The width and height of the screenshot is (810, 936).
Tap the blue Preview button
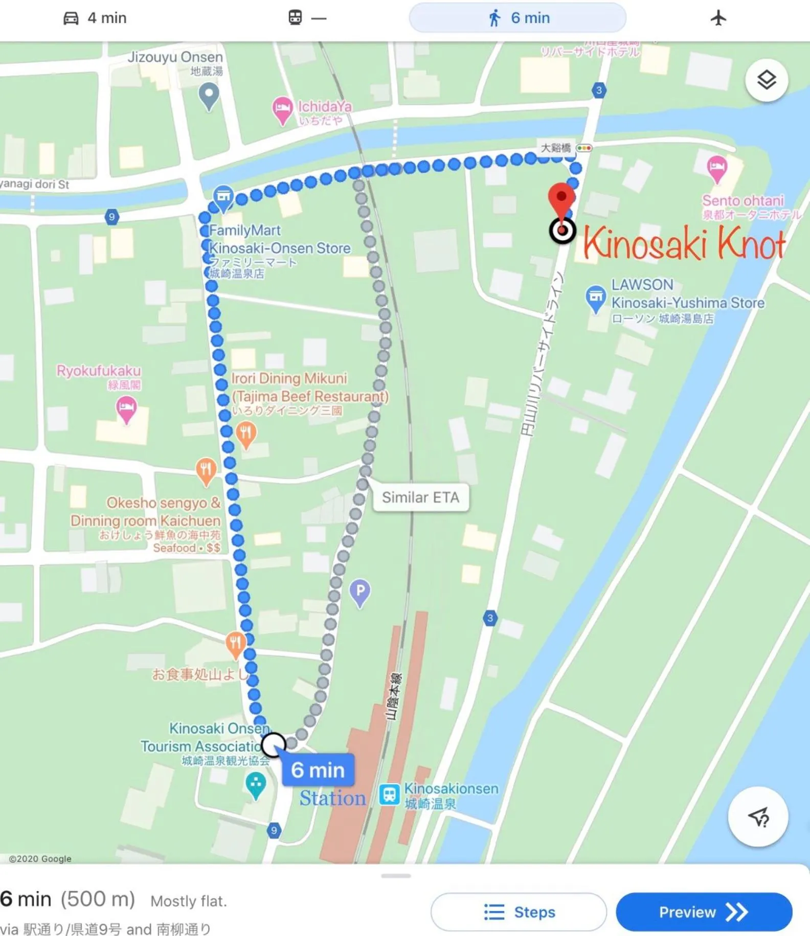tap(704, 911)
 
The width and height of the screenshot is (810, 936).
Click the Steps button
tap(519, 911)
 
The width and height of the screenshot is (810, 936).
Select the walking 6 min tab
tap(517, 18)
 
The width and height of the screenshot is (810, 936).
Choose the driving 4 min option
tap(95, 18)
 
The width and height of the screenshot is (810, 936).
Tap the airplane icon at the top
tap(718, 18)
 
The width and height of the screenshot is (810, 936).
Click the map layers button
tap(766, 80)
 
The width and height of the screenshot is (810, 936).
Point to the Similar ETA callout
tap(420, 497)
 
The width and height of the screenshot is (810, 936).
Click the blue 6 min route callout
tap(318, 769)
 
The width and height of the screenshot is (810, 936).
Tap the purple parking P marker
tap(360, 592)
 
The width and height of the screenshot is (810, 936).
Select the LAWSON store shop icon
tap(595, 298)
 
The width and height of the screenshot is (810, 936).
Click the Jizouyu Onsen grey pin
tap(209, 95)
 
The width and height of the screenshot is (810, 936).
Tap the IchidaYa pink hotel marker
tap(282, 109)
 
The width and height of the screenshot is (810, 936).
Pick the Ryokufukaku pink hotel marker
tap(126, 408)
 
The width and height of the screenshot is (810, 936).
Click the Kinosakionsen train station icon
tap(389, 795)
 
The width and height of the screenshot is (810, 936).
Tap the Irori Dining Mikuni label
tap(289, 378)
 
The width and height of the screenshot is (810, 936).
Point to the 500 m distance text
tap(98, 899)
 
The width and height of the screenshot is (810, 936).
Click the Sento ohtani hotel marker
tap(717, 168)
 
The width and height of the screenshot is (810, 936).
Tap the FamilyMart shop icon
tap(223, 197)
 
